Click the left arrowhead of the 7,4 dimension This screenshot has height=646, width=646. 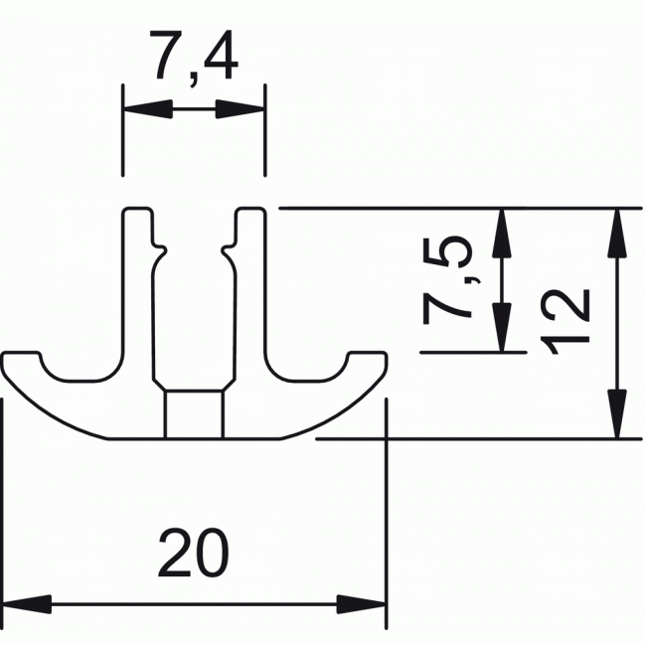(x=140, y=108)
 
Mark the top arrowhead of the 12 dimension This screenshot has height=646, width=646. (x=619, y=232)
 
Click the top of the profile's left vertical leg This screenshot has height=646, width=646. (x=137, y=213)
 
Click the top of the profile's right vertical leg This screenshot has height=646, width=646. (x=250, y=213)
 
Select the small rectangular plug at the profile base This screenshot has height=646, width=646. (x=193, y=414)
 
